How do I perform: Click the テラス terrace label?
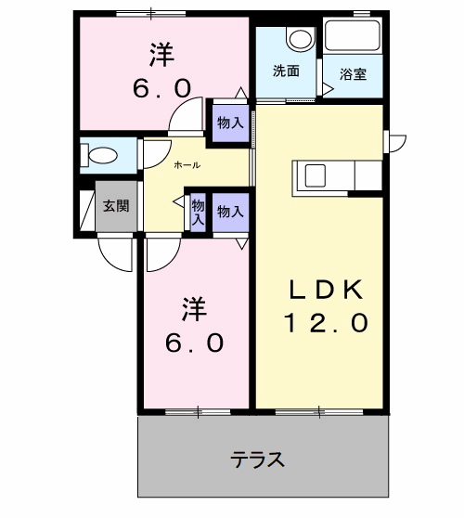[257, 459]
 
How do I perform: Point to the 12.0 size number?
[326, 323]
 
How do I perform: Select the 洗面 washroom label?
[285, 71]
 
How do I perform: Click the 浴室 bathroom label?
[353, 73]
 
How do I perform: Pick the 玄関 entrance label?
[116, 206]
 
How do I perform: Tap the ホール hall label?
[189, 164]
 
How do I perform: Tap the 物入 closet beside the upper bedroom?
[230, 123]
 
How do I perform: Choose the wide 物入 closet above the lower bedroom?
[230, 212]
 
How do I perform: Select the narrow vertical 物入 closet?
[198, 214]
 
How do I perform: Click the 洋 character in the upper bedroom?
[165, 54]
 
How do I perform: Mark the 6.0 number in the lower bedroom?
[194, 343]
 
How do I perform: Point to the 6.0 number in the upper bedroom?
[164, 88]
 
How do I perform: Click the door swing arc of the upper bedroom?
[186, 116]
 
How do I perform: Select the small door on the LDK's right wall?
[395, 142]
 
